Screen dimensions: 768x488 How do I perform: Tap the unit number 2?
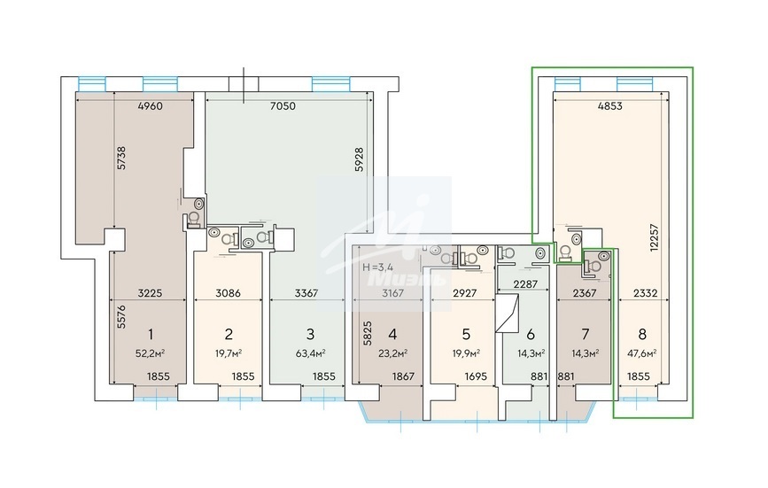tap(229, 334)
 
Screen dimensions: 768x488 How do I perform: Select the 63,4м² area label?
tap(311, 353)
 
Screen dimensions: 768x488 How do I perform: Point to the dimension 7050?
tap(283, 105)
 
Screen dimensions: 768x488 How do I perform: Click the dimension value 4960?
tap(151, 105)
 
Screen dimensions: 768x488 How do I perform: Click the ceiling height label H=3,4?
tap(377, 267)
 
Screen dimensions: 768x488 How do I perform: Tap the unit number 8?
tap(642, 334)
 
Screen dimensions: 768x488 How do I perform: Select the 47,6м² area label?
tap(642, 353)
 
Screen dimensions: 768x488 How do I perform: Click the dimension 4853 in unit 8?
tap(609, 105)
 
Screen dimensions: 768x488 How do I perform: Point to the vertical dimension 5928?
tap(360, 159)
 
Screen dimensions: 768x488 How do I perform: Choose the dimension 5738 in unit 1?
tap(121, 159)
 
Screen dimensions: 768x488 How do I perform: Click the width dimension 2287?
tap(525, 284)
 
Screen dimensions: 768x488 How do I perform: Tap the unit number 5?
tap(466, 334)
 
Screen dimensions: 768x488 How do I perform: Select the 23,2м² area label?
tap(392, 353)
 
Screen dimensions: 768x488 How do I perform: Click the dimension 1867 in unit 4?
tap(404, 376)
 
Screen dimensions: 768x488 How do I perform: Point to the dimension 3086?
tap(229, 294)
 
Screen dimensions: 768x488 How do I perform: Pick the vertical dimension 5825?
tap(368, 333)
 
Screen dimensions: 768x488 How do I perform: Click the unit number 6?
tap(531, 335)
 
